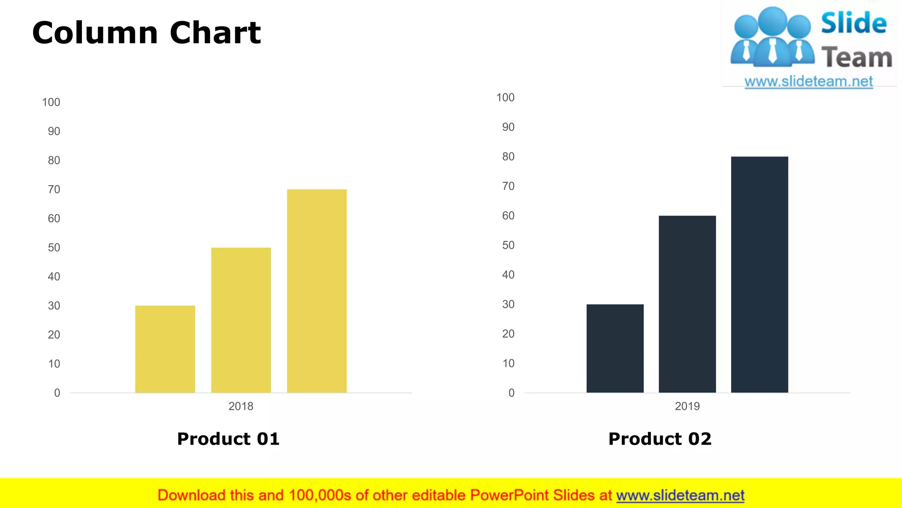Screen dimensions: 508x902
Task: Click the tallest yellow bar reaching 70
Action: click(317, 291)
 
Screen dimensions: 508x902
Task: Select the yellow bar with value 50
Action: click(241, 320)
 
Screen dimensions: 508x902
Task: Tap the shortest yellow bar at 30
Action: click(165, 349)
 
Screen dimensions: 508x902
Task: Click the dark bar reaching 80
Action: click(759, 274)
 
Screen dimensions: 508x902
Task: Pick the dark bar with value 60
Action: click(687, 304)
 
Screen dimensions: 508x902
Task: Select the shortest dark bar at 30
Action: click(615, 348)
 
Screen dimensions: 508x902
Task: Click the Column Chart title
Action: click(147, 33)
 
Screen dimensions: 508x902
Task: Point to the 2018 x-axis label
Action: click(241, 406)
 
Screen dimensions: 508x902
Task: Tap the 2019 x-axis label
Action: click(687, 406)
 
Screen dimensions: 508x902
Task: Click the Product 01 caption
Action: click(228, 439)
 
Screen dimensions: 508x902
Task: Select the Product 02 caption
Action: click(660, 439)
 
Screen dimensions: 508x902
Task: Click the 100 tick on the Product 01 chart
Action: click(51, 102)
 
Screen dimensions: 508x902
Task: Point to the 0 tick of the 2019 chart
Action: click(511, 393)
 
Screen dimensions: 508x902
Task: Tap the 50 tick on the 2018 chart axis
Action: click(54, 248)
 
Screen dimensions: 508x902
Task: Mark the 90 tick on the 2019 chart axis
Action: click(508, 127)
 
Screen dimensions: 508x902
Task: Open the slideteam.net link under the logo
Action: click(809, 82)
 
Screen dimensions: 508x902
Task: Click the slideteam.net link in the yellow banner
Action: click(680, 496)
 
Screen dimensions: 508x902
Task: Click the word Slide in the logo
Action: click(854, 23)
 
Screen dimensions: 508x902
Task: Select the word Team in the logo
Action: click(857, 58)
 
